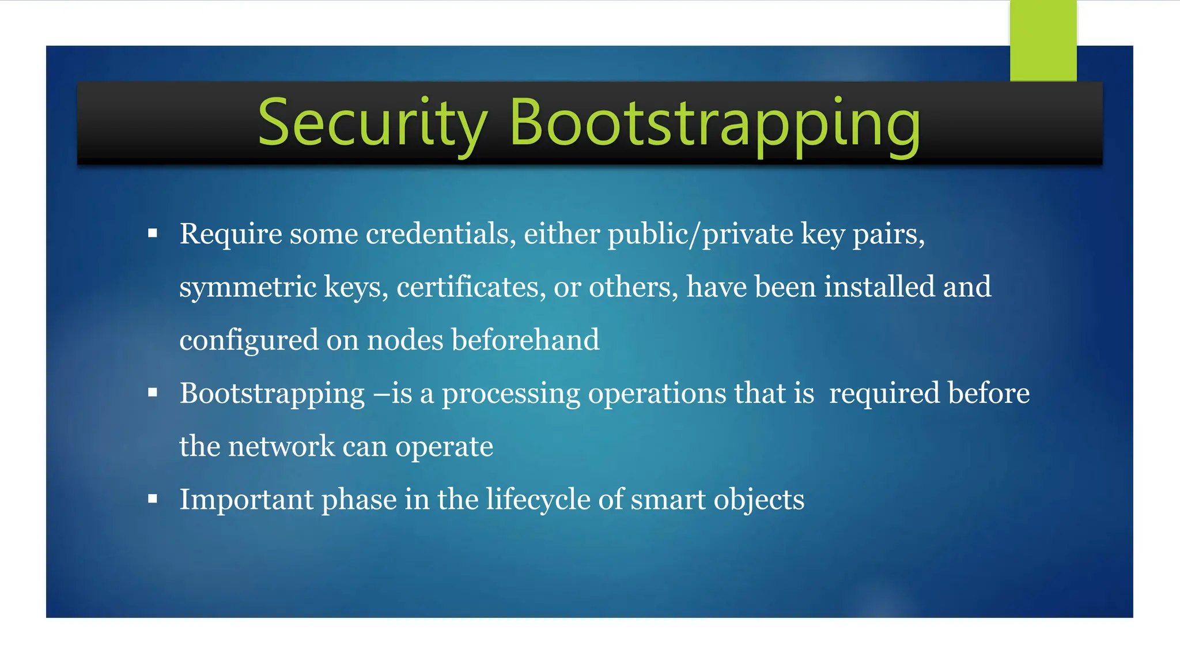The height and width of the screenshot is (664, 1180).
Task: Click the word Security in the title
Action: [372, 123]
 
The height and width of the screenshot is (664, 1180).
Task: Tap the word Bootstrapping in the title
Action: [714, 123]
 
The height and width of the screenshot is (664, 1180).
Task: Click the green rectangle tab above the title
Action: [1043, 40]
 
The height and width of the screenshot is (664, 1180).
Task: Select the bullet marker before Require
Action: [153, 233]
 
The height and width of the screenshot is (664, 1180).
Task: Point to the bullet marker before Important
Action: [153, 499]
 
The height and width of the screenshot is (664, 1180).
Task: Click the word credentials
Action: [441, 234]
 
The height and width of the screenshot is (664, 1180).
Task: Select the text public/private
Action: [700, 234]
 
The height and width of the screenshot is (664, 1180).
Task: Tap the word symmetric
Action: [248, 287]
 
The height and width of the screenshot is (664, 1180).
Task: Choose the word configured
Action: [248, 340]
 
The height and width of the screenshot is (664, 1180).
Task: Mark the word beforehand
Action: [525, 340]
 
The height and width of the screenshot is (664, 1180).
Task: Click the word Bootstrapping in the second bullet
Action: [272, 394]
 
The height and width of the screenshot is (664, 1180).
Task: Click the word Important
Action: [247, 499]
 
